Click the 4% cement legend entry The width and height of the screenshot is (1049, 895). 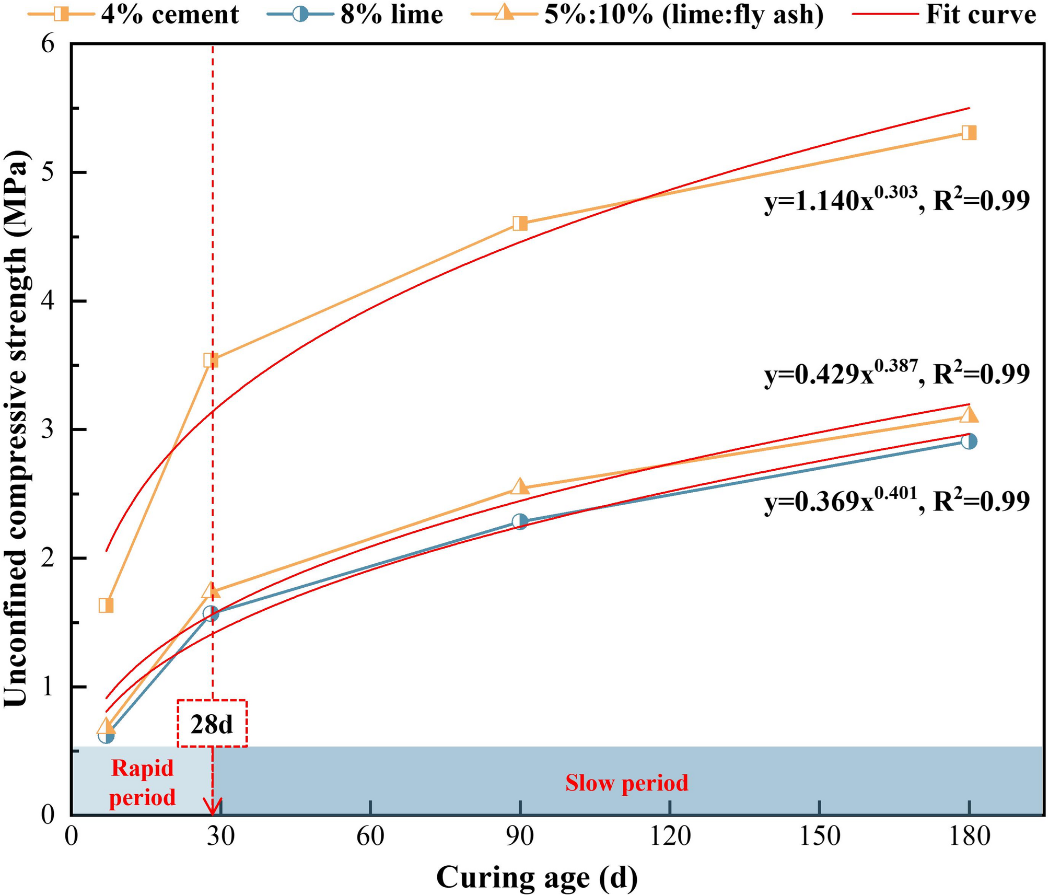pyautogui.click(x=133, y=15)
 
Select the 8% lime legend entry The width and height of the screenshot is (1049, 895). pyautogui.click(x=355, y=15)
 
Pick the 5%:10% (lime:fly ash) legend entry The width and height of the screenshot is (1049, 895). pyautogui.click(x=648, y=15)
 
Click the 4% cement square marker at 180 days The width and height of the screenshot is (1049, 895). pyautogui.click(x=969, y=133)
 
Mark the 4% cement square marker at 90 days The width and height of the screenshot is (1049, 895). pyautogui.click(x=520, y=224)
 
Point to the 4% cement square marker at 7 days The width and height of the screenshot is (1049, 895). pyautogui.click(x=106, y=606)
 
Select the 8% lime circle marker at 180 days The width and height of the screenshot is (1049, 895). pyautogui.click(x=969, y=441)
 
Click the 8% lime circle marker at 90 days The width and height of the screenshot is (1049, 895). pyautogui.click(x=520, y=521)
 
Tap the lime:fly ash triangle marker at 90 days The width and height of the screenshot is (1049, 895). pyautogui.click(x=520, y=487)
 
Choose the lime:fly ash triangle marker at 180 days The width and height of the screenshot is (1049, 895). pyautogui.click(x=969, y=415)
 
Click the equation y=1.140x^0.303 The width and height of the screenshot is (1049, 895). pyautogui.click(x=896, y=200)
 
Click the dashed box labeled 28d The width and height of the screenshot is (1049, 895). pyautogui.click(x=212, y=724)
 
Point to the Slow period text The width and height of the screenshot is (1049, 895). pyautogui.click(x=626, y=783)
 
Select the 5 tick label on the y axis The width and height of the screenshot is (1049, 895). pyautogui.click(x=48, y=173)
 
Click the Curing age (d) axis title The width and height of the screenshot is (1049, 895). pyautogui.click(x=537, y=877)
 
